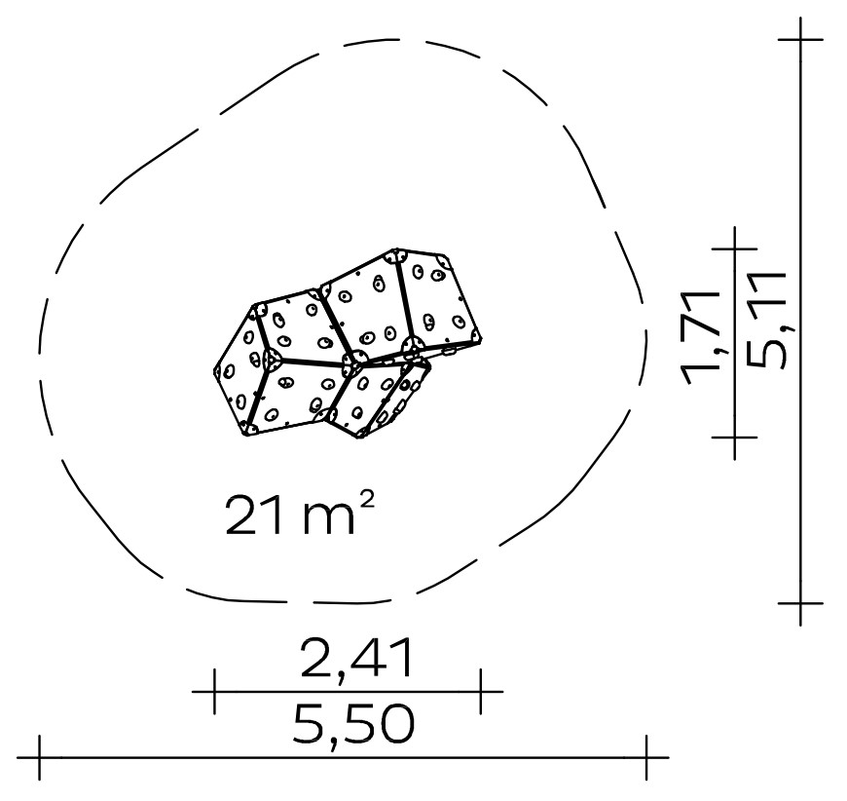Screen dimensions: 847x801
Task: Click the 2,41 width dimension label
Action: (x=357, y=660)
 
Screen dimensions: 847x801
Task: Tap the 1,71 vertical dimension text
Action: (x=702, y=338)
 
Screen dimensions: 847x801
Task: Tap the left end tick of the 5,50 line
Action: (x=40, y=757)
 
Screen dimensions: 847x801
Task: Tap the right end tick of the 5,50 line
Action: (x=646, y=757)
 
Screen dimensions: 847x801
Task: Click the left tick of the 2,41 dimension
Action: (x=214, y=691)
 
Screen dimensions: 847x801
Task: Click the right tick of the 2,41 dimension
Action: (x=480, y=691)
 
